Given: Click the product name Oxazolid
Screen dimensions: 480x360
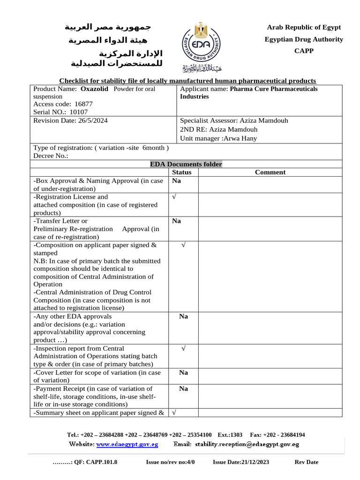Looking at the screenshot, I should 95,89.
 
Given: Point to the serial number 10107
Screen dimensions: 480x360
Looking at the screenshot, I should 79,112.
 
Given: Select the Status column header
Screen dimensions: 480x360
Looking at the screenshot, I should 182,172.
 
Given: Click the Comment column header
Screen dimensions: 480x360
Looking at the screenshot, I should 270,172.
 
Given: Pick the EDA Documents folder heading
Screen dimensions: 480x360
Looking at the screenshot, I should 186,164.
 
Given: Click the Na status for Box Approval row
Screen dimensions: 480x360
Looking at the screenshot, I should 176,180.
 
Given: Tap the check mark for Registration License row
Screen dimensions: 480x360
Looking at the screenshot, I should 174,197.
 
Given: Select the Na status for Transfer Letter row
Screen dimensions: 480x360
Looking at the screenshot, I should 176,221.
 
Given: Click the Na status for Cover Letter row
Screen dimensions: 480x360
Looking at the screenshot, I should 183,373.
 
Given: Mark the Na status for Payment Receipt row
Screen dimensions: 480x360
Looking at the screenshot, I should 183,389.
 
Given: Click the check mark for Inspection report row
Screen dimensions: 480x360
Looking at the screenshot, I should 183,348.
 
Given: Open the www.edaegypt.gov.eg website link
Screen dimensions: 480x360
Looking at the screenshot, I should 127,444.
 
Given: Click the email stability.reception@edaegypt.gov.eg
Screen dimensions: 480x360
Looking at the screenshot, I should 247,444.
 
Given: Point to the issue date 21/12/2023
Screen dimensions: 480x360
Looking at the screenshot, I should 255,462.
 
